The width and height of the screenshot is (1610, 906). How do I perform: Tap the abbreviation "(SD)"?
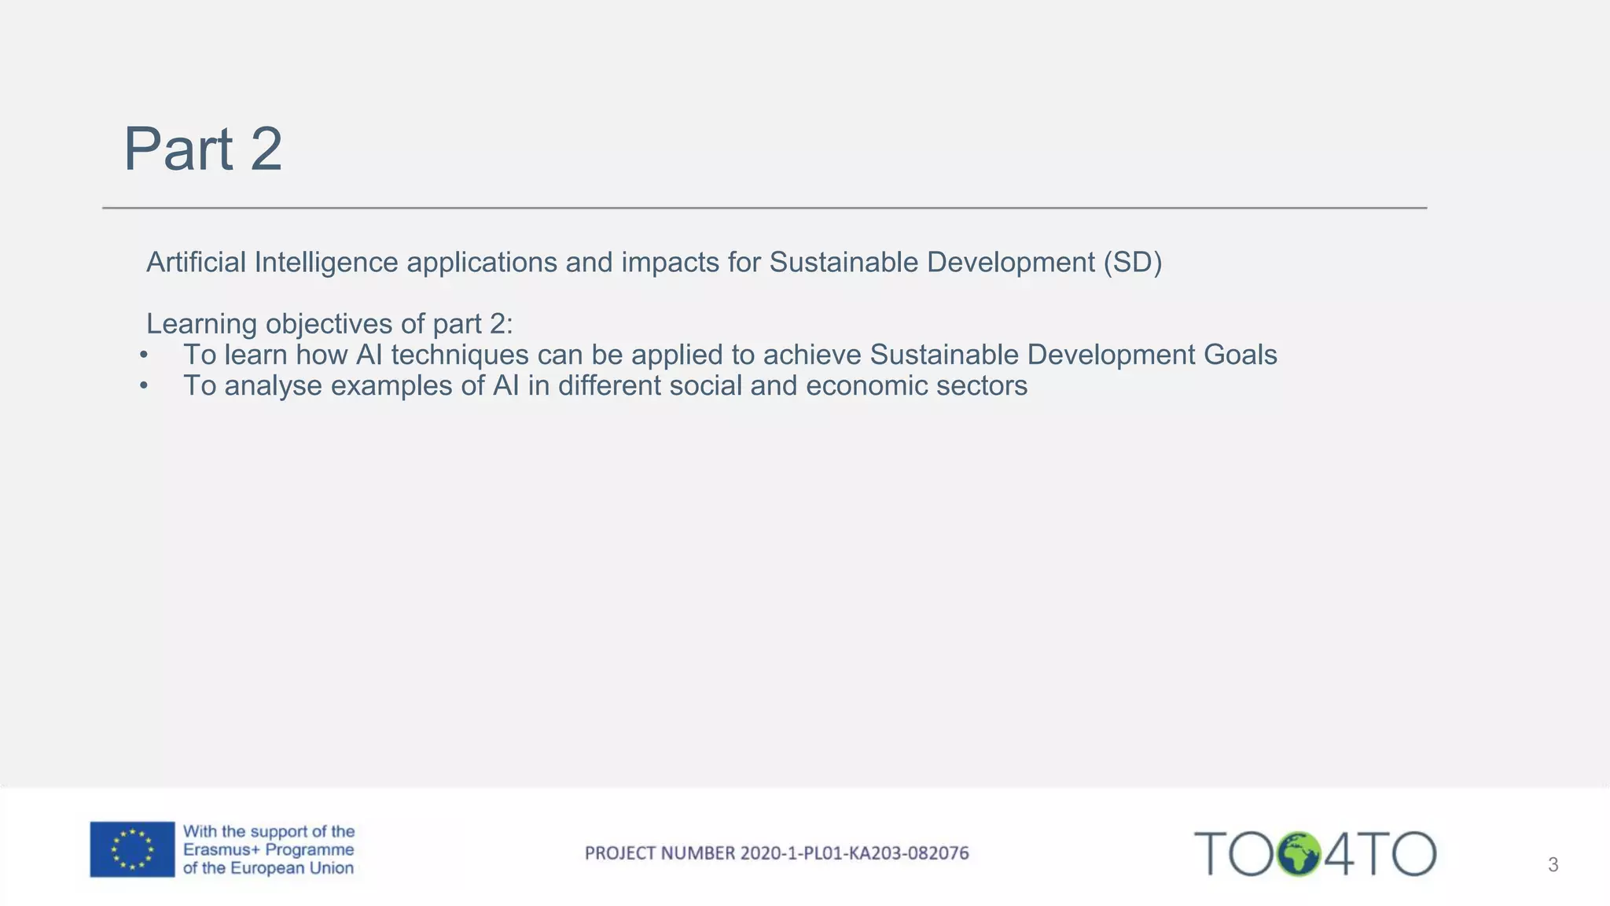(1132, 262)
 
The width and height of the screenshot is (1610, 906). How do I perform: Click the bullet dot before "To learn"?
(144, 355)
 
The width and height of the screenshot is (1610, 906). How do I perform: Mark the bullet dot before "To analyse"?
(144, 386)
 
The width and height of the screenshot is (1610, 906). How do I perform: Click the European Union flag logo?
(132, 849)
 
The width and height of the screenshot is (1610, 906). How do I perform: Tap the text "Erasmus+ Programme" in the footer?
(268, 849)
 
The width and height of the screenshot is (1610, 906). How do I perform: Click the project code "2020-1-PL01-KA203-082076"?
(855, 853)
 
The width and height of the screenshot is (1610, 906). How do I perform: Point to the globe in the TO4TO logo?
(1298, 854)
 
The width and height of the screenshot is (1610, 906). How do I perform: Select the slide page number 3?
(1553, 865)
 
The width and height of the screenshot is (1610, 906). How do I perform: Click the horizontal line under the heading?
(764, 208)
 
